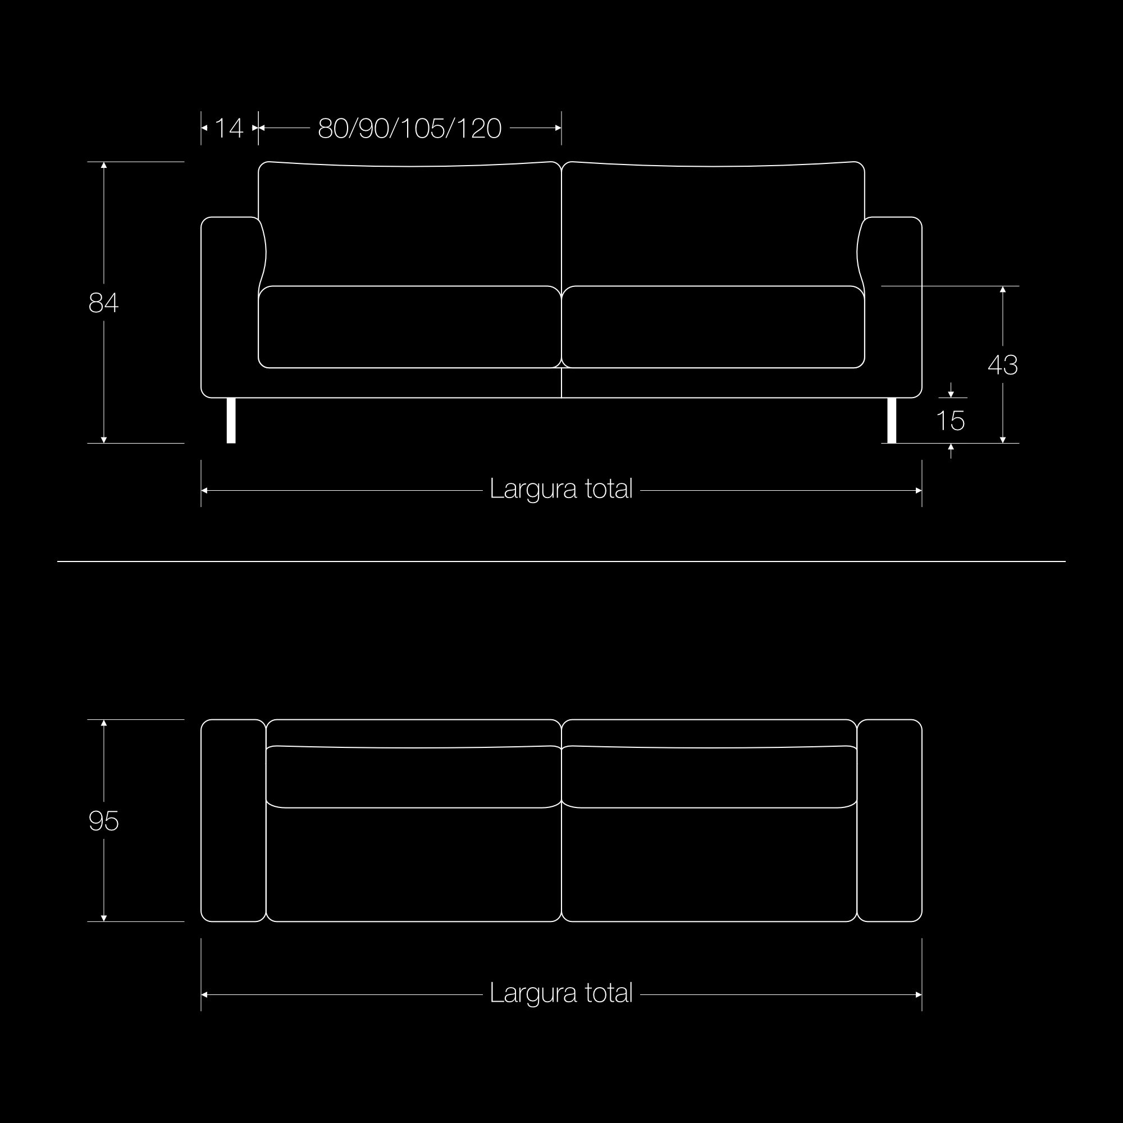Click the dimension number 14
coord(229,128)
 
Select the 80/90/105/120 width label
coord(410,128)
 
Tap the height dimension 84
coord(103,303)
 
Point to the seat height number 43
coord(1003,365)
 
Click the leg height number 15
coord(951,420)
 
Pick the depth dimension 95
coord(103,821)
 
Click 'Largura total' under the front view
coord(561,489)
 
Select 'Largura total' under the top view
coord(561,993)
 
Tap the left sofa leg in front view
coord(231,420)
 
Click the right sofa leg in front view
coord(892,420)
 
